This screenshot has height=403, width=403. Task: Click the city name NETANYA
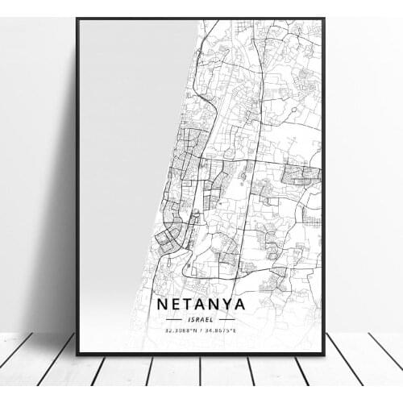point(201,305)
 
